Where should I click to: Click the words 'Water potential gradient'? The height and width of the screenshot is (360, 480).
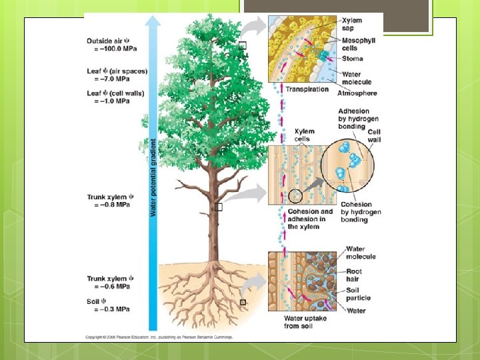[153, 177]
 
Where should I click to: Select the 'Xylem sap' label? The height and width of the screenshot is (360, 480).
[352, 25]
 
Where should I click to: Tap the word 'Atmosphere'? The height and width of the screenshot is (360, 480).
[357, 93]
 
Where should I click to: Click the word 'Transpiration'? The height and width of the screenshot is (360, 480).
[307, 89]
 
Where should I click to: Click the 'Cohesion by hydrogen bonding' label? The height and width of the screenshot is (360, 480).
[361, 212]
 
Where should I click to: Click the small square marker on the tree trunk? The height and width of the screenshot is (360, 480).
[218, 207]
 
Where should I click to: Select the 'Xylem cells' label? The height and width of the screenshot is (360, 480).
[305, 135]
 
